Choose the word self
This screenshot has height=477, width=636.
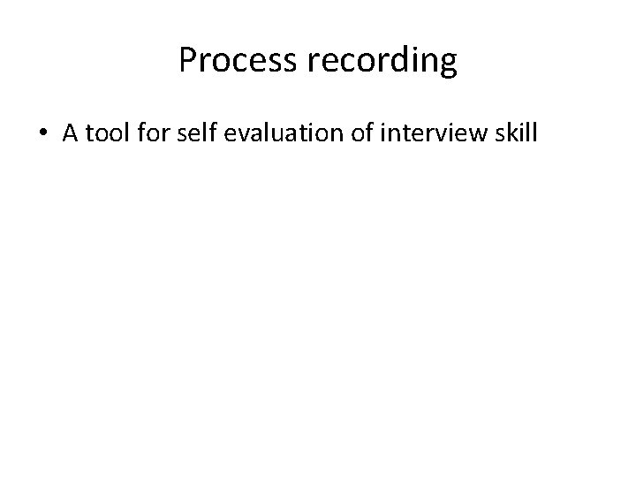tap(200, 134)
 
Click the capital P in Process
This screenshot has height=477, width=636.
tap(187, 60)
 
